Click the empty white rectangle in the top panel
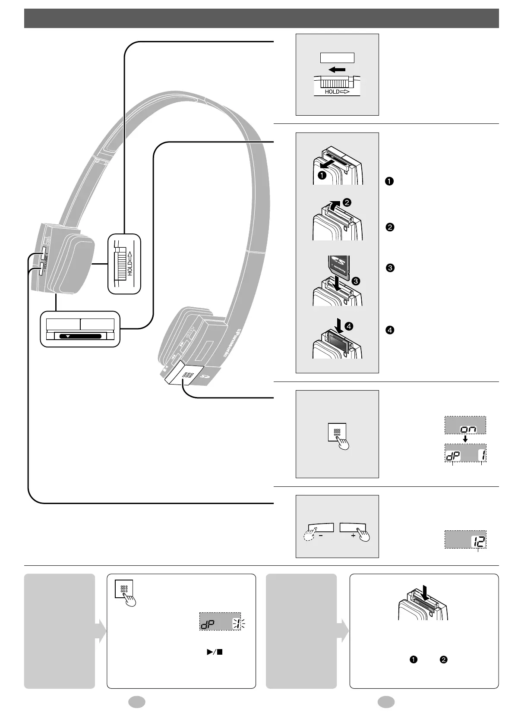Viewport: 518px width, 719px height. point(337,58)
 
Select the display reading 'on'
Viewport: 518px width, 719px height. point(465,425)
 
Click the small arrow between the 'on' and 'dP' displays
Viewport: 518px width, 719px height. point(465,439)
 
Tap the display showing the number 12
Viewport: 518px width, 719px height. point(465,539)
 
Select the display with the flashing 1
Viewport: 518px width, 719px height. point(222,621)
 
